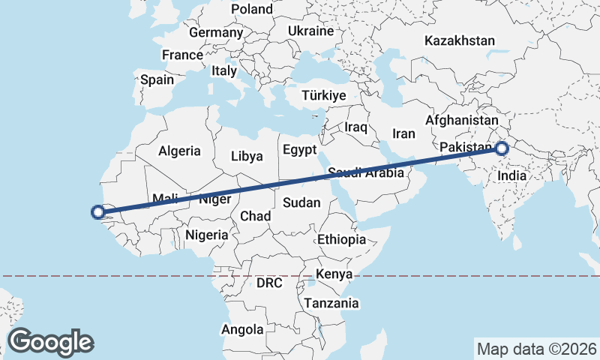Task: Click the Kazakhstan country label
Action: pos(460,40)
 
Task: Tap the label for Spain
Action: pos(157,79)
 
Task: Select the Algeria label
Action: pos(179,151)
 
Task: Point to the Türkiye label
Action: pos(323,95)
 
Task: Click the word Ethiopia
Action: pos(341,240)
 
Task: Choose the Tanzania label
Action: pos(331,304)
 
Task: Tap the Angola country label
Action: pos(242,329)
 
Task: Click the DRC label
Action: pos(269,283)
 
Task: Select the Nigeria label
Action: pos(206,235)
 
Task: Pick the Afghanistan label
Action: pos(462,120)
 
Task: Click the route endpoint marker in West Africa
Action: pos(97,212)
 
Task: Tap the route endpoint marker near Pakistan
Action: pos(502,148)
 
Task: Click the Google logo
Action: pos(51,342)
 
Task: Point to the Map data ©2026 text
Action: pos(536,349)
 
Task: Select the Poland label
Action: pos(252,9)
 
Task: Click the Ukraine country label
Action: pos(310,31)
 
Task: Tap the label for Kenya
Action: pos(334,274)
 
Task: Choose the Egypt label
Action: pos(300,150)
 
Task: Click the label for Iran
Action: pos(403,133)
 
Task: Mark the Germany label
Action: pos(216,33)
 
